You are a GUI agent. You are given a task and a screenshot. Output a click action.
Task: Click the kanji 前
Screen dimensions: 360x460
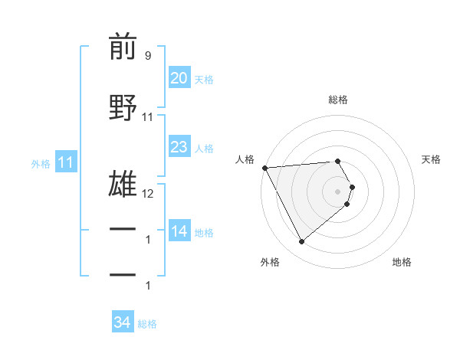click(123, 47)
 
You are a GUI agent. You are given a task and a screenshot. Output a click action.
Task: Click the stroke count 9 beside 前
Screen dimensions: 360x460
click(147, 56)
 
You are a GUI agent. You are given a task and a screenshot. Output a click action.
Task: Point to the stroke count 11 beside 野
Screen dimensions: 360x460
click(148, 117)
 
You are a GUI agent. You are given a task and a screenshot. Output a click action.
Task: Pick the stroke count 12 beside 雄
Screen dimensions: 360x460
click(148, 193)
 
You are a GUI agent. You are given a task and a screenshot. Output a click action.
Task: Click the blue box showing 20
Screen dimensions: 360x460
click(179, 79)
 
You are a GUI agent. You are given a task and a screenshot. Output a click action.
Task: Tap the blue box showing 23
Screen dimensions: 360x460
click(179, 148)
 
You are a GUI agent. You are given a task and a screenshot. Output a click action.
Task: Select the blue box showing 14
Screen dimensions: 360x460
click(179, 232)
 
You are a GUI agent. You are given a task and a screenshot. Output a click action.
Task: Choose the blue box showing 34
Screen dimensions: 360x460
click(122, 322)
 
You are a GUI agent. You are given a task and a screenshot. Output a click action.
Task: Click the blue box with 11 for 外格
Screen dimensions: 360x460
click(65, 162)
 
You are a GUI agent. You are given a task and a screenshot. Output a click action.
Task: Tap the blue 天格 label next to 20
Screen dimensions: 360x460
click(204, 80)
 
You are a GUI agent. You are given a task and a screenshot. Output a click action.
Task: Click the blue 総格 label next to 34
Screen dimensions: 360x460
click(147, 323)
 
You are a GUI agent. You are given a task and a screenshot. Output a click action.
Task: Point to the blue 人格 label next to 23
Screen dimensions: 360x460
click(204, 149)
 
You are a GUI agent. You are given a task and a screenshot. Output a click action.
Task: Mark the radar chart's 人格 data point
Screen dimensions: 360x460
click(264, 168)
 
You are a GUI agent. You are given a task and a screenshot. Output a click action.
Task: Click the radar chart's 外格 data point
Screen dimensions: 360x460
click(301, 242)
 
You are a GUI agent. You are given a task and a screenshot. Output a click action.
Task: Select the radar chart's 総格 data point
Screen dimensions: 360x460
click(337, 161)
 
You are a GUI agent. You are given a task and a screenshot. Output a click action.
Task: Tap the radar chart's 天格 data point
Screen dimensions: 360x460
click(352, 187)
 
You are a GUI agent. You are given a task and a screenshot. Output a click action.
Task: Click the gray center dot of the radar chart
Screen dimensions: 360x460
click(337, 191)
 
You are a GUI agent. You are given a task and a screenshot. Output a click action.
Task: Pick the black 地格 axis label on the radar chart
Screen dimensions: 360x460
click(402, 262)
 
